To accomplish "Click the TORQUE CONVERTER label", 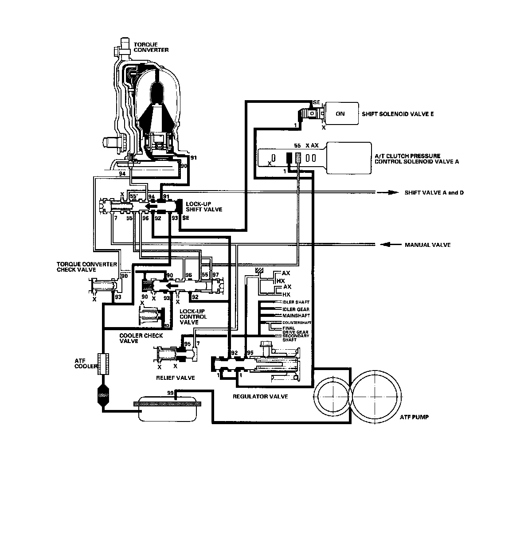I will pos(151,47).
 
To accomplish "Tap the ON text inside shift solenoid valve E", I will pos(340,114).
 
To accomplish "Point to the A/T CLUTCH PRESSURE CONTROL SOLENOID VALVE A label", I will pos(417,159).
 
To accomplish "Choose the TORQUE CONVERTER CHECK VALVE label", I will pos(86,267).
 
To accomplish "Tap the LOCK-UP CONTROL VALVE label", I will pos(193,317).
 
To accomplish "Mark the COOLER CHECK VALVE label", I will pos(141,338).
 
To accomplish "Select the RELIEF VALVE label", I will pos(176,378).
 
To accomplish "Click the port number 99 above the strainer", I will pos(170,393).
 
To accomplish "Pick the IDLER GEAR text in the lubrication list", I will pos(296,309).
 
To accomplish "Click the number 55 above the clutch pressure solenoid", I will pos(297,145).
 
